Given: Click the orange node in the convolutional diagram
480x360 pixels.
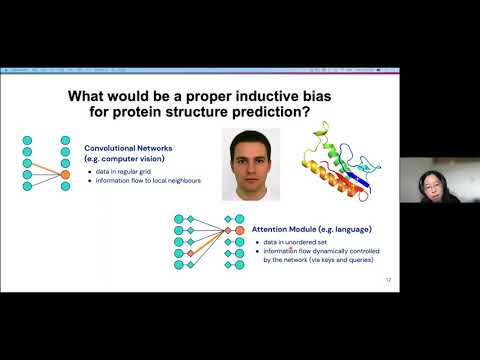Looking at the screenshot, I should coord(65,174).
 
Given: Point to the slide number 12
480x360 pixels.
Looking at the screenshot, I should coord(388,280).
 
